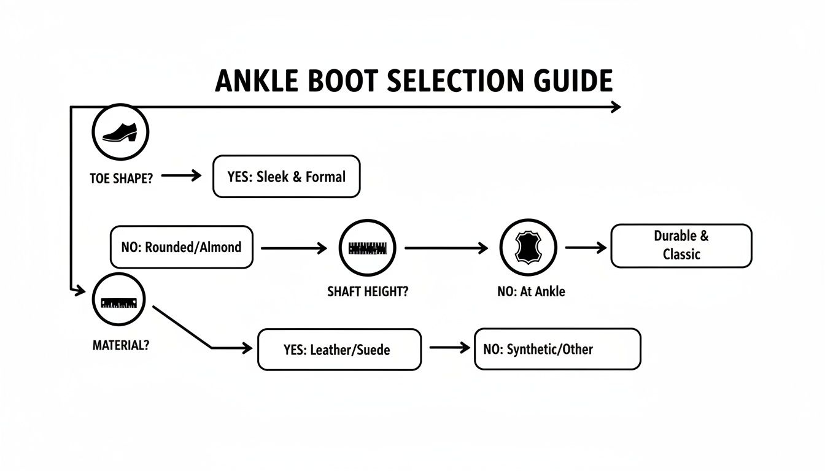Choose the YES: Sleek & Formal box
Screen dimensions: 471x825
coord(286,177)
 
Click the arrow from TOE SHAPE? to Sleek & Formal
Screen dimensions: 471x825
coord(181,176)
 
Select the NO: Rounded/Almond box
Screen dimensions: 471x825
coord(181,247)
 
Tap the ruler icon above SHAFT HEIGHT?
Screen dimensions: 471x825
coord(367,248)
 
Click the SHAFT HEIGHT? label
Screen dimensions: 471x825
coord(367,292)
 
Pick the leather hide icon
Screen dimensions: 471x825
coord(528,248)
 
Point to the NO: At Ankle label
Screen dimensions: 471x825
coord(531,292)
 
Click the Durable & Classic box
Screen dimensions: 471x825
coord(681,245)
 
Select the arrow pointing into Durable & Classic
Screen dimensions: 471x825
coord(586,247)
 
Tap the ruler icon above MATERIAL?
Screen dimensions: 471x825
coord(118,302)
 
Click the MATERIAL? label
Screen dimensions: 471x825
coord(120,345)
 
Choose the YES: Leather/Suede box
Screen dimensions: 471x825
coord(339,350)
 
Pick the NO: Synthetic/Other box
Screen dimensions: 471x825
coord(557,349)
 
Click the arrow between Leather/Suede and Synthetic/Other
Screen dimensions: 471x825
coord(449,347)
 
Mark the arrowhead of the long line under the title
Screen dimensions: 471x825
coord(616,107)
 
